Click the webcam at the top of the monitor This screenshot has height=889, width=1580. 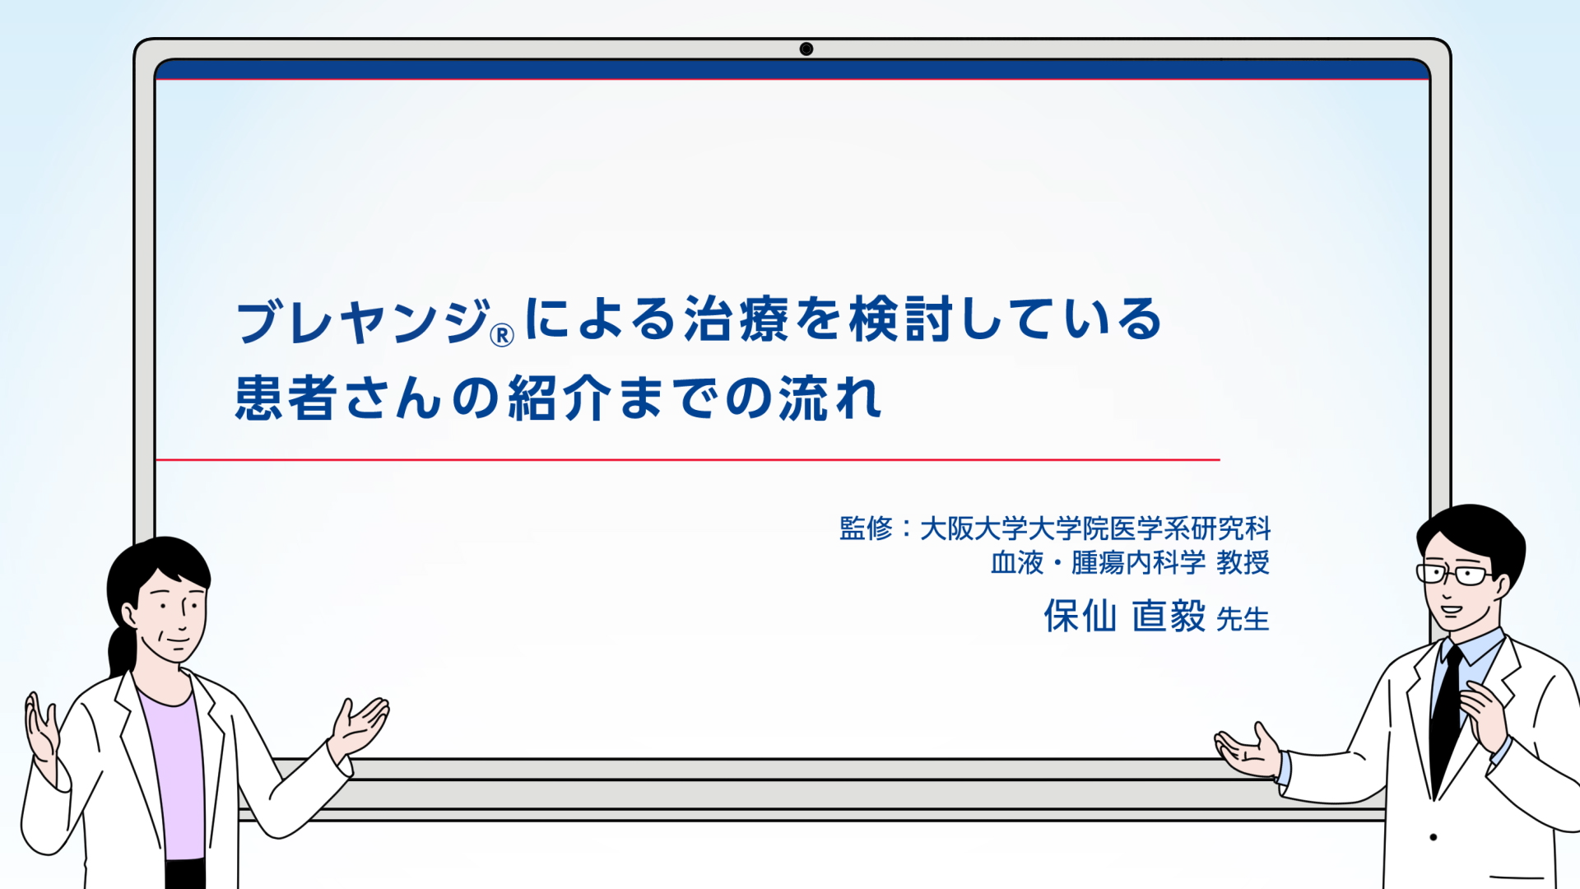[806, 49]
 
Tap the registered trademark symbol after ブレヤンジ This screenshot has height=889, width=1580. [502, 335]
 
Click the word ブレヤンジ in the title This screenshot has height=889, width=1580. [363, 321]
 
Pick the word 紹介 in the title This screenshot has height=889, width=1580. [560, 398]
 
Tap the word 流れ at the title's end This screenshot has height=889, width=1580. [831, 398]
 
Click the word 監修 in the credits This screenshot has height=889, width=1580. [866, 528]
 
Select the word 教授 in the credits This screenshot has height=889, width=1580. [1243, 562]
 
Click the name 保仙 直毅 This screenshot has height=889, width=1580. [1124, 616]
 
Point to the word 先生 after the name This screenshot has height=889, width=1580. [1243, 619]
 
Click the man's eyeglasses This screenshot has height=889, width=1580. [1455, 574]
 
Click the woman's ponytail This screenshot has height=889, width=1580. [122, 650]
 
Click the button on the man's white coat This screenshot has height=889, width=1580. [1434, 837]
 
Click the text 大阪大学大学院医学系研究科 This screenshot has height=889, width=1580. [1095, 528]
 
